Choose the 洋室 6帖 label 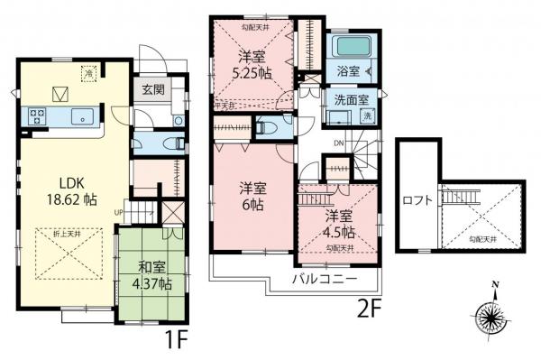(252, 197)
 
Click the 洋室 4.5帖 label (340, 223)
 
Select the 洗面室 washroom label (348, 98)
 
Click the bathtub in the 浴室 (348, 47)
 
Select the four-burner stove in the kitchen (41, 115)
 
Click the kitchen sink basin (80, 115)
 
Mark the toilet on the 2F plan (267, 128)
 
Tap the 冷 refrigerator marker (89, 71)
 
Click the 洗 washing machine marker (368, 115)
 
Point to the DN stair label (337, 143)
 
